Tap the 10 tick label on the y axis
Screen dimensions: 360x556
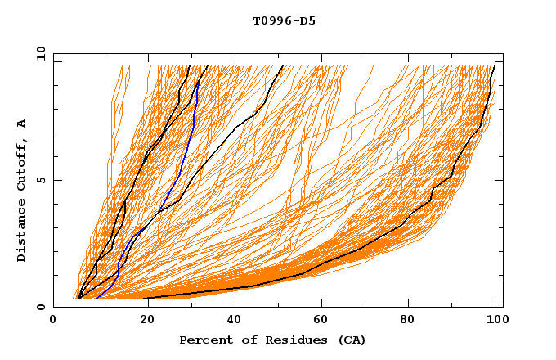click(39, 52)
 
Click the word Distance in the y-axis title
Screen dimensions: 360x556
click(21, 230)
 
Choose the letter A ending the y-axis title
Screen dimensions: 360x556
click(21, 124)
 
